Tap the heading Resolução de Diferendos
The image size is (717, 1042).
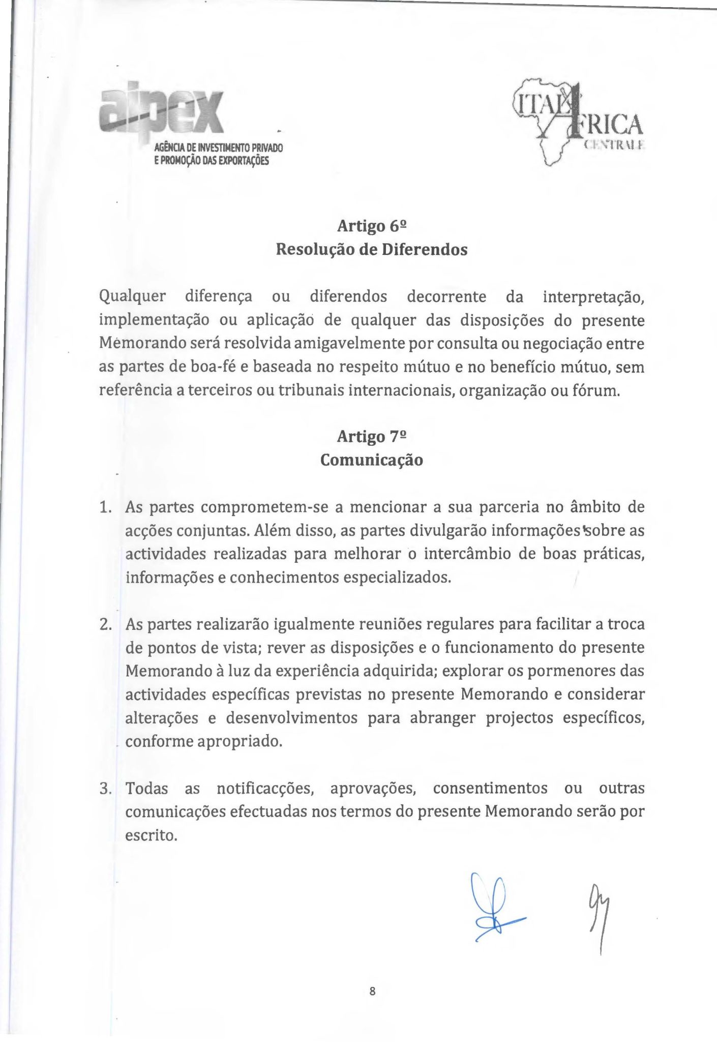(x=372, y=250)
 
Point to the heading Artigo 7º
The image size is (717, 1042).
(x=372, y=437)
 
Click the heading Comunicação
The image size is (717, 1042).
(x=372, y=460)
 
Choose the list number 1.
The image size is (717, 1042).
(x=105, y=507)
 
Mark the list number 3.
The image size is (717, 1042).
(x=105, y=789)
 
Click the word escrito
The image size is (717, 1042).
(x=151, y=835)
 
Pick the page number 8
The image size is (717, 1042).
(x=372, y=991)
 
